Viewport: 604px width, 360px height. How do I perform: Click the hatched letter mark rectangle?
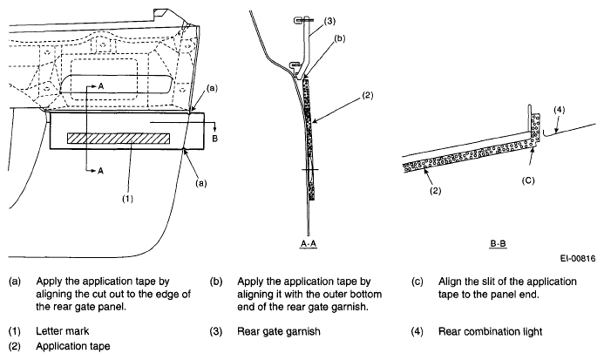(x=119, y=139)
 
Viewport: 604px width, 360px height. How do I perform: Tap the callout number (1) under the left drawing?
(x=128, y=199)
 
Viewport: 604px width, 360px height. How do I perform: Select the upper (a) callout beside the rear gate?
(x=212, y=88)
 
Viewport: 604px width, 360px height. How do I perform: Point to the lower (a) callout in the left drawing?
(x=200, y=183)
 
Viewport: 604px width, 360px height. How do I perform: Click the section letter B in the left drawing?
(x=215, y=139)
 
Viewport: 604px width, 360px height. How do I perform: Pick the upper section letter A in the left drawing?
(x=101, y=86)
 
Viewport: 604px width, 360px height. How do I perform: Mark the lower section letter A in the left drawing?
(x=100, y=171)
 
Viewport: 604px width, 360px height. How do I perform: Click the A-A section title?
(x=309, y=243)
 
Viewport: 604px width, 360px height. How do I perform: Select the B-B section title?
(x=498, y=243)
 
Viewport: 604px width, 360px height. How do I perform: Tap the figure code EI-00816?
(x=578, y=258)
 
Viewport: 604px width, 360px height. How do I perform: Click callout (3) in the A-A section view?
(x=329, y=21)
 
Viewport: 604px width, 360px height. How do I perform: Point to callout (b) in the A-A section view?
(x=339, y=38)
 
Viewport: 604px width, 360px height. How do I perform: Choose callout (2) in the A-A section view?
(x=368, y=95)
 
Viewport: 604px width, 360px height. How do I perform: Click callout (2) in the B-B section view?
(x=435, y=190)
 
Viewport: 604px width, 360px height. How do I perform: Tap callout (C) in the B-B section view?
(x=528, y=180)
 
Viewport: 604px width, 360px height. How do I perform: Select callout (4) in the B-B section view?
(x=560, y=110)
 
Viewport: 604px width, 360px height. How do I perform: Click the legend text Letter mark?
(x=63, y=331)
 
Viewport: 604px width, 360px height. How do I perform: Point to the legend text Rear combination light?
(x=491, y=331)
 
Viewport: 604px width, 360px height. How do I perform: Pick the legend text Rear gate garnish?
(x=279, y=331)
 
